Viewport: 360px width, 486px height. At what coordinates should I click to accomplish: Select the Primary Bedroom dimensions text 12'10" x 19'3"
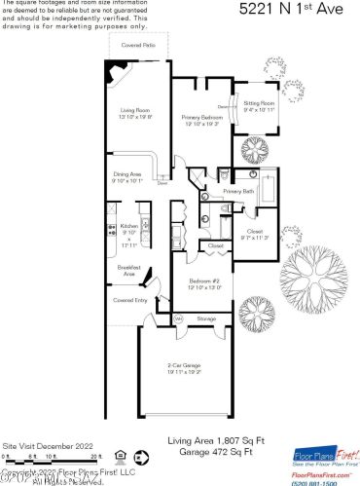click(201, 124)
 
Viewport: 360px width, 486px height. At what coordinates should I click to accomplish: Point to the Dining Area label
click(126, 174)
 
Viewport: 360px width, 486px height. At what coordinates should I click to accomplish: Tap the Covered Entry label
click(129, 300)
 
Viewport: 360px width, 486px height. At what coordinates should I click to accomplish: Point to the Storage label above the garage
click(205, 318)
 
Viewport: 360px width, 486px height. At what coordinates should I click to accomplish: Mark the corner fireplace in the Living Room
click(116, 71)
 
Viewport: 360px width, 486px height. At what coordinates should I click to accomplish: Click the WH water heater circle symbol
click(178, 318)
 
